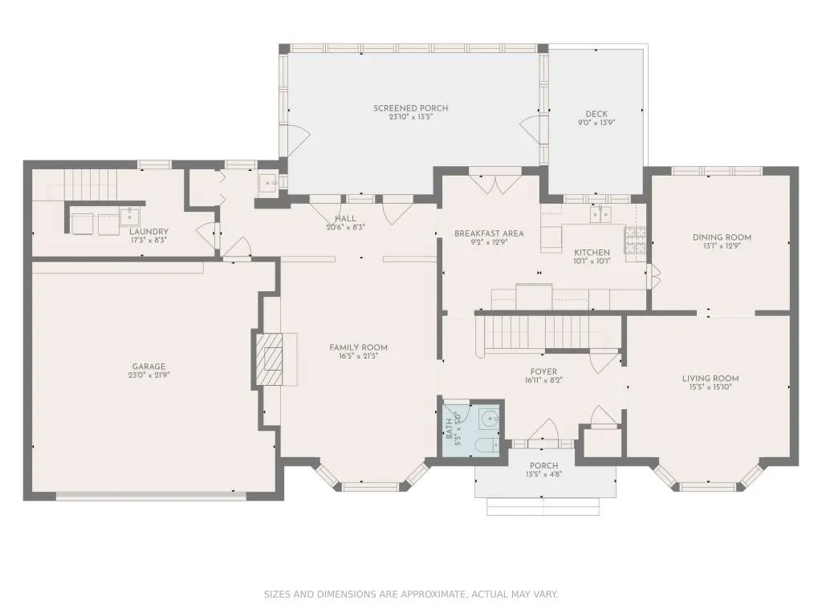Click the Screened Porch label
point(410,108)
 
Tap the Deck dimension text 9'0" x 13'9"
point(596,123)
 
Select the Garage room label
point(149,367)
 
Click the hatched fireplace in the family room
point(269,359)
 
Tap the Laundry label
point(149,232)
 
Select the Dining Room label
point(722,237)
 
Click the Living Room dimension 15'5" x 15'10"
point(710,387)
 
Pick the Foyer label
point(543,372)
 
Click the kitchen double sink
point(600,214)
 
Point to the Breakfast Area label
point(489,233)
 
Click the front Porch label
point(543,466)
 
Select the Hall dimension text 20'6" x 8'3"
point(345,227)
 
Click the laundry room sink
point(129,215)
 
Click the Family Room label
point(359,347)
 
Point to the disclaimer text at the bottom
point(410,594)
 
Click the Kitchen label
point(592,253)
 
